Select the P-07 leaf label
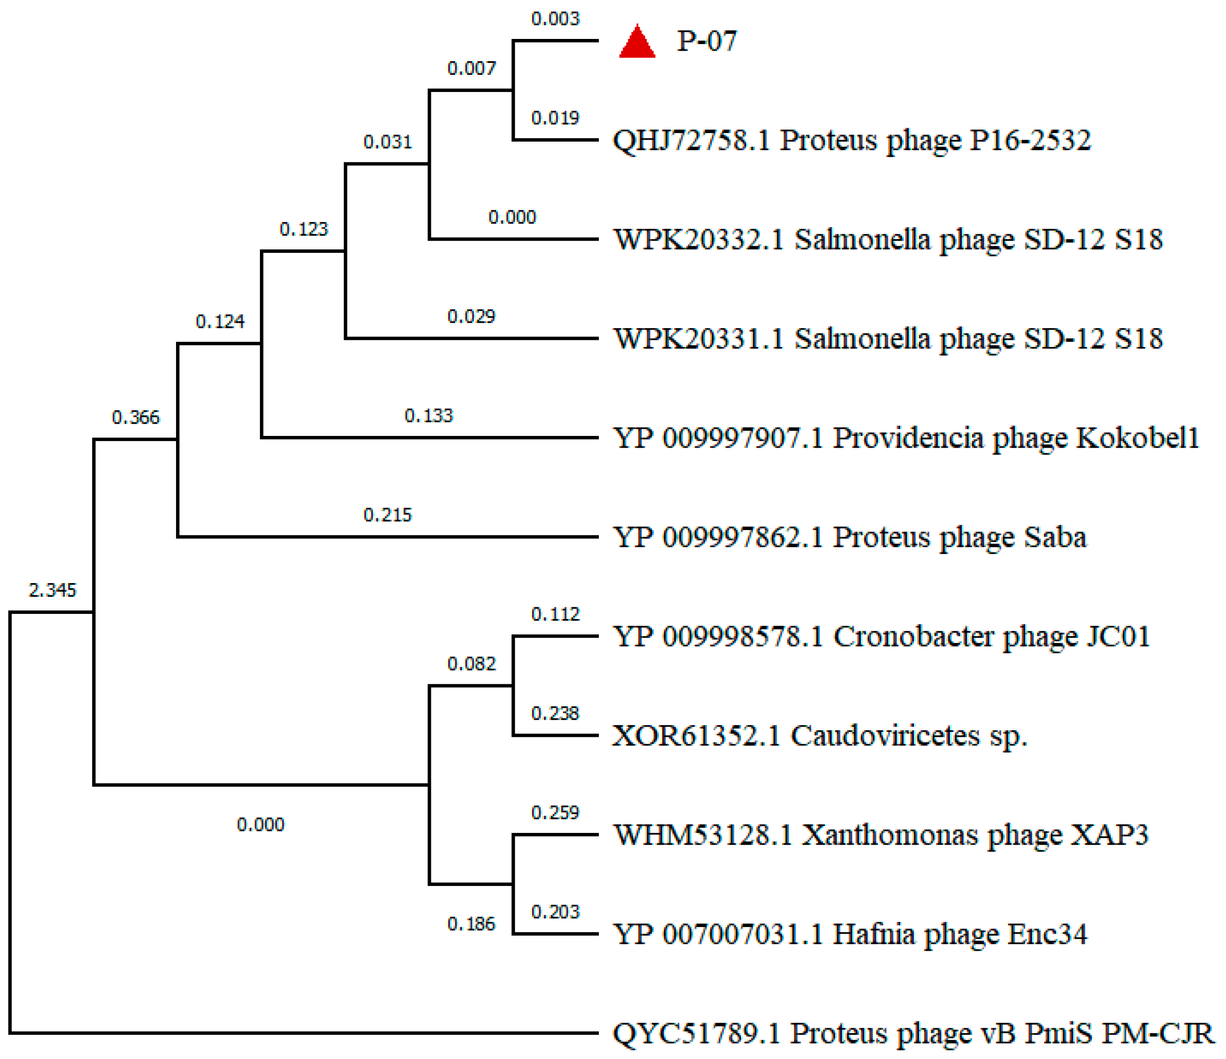coord(707,41)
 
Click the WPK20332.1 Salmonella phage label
coord(888,240)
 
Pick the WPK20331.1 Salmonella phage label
coord(888,339)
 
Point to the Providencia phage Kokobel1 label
coord(906,438)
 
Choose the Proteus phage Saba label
coord(850,538)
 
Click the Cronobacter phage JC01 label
coord(881,637)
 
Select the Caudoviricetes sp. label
coord(819,736)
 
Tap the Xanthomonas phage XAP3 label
coord(881,835)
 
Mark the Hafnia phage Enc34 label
coord(850,935)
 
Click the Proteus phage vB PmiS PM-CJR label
coord(912,1034)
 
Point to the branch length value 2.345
coord(53,590)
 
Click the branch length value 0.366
coord(136,418)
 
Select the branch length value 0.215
coord(387,515)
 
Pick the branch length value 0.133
coord(428,415)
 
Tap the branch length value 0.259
coord(555,813)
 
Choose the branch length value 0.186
coord(471,924)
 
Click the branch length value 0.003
coord(555,19)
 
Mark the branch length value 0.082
coord(471,664)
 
